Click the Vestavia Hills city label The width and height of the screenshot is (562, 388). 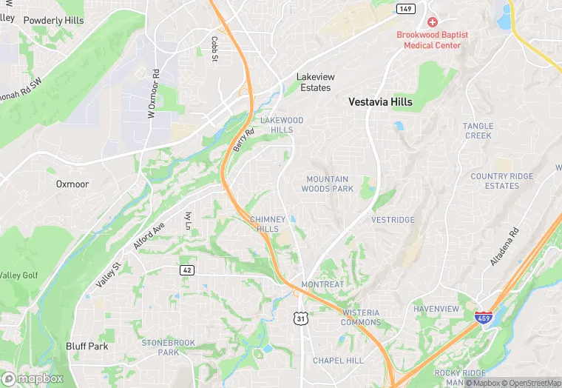point(381,102)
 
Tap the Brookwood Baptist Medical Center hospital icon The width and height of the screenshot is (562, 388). point(432,23)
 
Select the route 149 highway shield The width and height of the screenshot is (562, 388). point(404,9)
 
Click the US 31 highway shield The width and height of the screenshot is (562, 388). point(299,318)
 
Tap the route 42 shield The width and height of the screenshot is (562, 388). point(187,270)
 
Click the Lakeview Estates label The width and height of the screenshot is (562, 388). point(315,82)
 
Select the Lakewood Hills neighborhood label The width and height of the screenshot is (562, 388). point(281,124)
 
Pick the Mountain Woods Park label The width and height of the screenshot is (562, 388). point(327,184)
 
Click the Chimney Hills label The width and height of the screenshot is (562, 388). point(267,224)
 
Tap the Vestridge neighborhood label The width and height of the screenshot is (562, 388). point(393,220)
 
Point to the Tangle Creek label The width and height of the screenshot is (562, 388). point(478,130)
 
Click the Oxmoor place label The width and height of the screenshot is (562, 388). point(72,184)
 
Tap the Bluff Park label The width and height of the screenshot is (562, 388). point(87,346)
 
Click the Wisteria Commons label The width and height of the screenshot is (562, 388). point(361,317)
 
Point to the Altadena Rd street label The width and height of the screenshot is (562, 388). point(505,247)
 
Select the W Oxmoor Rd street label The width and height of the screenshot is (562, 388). point(153,94)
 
